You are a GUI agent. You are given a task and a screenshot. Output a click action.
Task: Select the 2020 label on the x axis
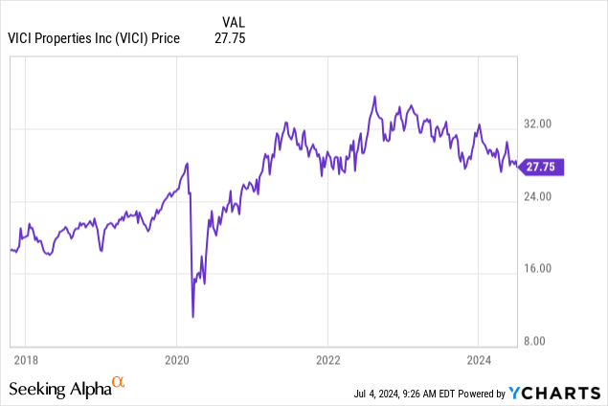[176, 361]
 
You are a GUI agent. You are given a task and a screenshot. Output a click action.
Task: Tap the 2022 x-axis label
[327, 361]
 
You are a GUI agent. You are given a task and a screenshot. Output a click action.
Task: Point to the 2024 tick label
[479, 361]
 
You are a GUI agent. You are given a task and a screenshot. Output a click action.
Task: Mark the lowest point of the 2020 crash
[193, 317]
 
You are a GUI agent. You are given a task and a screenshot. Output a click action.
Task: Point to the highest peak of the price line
[374, 97]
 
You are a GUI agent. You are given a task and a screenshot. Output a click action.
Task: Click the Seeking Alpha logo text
[58, 389]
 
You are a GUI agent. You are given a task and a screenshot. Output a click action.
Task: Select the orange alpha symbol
[119, 383]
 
